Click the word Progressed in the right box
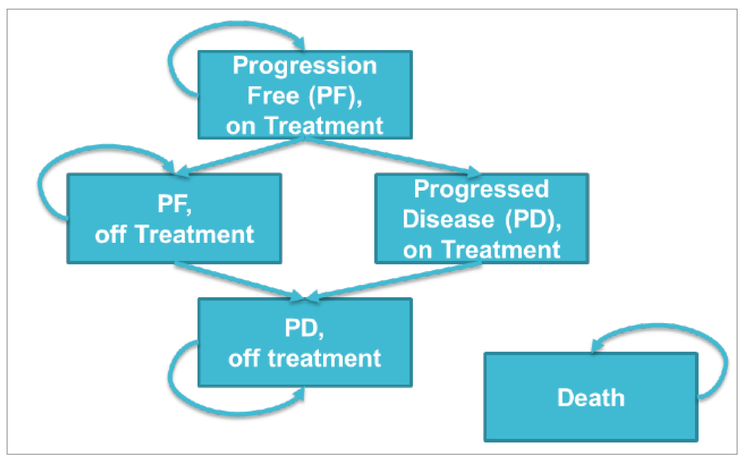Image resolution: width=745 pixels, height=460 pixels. click(481, 189)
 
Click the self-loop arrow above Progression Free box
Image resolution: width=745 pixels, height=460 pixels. click(195, 37)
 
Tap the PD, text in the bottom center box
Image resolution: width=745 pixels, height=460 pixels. click(304, 328)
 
